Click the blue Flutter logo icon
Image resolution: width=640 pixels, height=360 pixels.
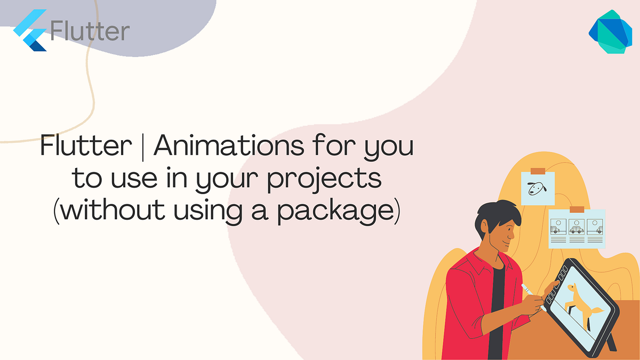[x=30, y=30]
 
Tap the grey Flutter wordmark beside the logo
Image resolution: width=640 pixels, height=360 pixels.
[x=90, y=30]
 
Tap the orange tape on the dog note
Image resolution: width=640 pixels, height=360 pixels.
[x=538, y=171]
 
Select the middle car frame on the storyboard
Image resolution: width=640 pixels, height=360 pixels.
[x=577, y=228]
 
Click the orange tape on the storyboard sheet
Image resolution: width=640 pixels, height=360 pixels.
[x=577, y=210]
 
